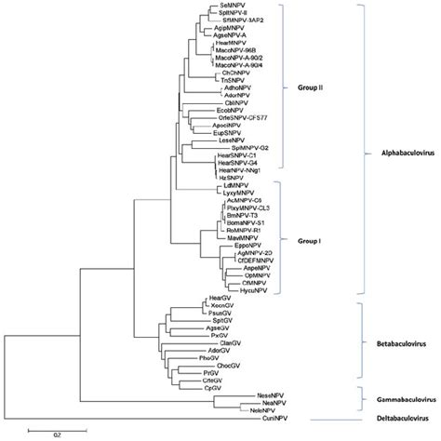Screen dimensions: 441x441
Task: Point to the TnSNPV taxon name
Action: pyautogui.click(x=234, y=80)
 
